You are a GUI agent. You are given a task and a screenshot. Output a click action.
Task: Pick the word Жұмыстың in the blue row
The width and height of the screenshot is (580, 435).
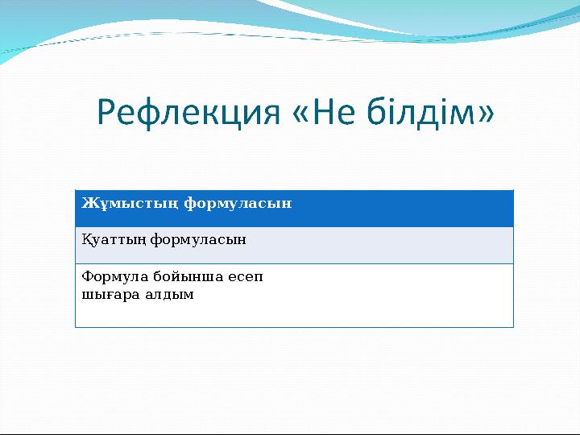(130, 203)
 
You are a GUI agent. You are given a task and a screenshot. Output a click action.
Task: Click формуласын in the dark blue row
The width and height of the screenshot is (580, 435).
(238, 203)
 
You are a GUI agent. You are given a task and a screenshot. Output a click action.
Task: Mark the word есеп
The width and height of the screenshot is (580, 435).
(245, 277)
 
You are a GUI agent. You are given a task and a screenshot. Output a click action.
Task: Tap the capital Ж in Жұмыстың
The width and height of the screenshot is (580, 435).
(87, 203)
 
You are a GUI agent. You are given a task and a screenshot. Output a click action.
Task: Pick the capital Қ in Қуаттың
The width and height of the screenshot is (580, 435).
(85, 239)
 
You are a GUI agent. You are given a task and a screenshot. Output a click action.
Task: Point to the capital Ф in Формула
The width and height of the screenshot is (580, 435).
(86, 277)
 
